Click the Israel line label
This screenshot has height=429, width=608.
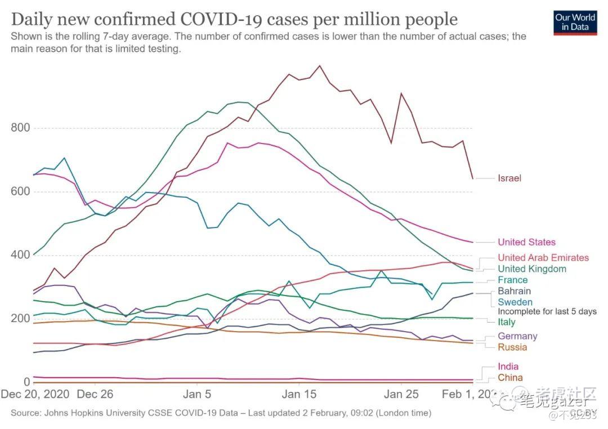point(509,178)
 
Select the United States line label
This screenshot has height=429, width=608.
point(526,243)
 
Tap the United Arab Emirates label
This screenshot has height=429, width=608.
point(543,258)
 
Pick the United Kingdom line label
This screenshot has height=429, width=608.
point(531,269)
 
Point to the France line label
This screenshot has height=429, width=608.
point(512,280)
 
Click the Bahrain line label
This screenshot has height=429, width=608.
point(514,292)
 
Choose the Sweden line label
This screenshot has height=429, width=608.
point(514,302)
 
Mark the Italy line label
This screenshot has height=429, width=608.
point(506,322)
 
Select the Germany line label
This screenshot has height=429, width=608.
point(517,337)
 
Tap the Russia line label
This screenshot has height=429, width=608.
point(512,347)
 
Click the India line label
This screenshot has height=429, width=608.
point(508,367)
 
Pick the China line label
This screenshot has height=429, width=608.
point(510,378)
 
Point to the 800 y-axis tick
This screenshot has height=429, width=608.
point(20,128)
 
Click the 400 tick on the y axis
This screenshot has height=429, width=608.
point(20,256)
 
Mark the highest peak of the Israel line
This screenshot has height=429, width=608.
point(320,66)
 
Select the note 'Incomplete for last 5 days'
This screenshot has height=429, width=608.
point(547,312)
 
